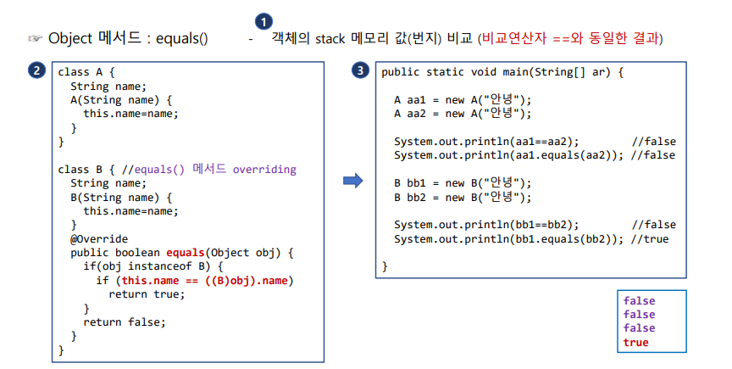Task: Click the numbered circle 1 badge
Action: (x=264, y=21)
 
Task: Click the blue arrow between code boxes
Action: (x=352, y=180)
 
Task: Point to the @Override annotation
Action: (x=99, y=238)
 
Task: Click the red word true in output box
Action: (x=635, y=343)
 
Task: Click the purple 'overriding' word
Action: (x=264, y=169)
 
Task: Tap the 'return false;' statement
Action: (x=125, y=321)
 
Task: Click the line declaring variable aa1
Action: (x=463, y=100)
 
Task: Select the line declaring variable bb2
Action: (x=463, y=197)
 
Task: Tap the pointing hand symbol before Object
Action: (x=34, y=38)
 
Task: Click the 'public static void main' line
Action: (x=502, y=72)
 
